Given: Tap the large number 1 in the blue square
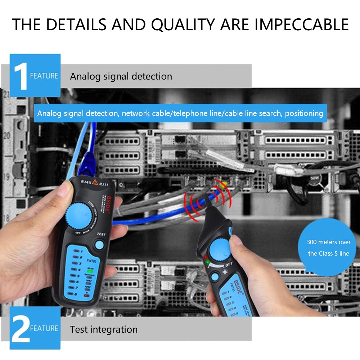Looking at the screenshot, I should coord(21,76).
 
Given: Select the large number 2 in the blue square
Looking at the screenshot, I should coord(21,328).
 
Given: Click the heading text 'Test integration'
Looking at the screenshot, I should coord(104,329).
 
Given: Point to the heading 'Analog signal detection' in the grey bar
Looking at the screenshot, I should coord(121,76).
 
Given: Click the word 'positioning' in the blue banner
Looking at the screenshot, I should coord(304,113).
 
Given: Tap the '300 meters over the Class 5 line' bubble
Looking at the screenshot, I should coord(328,248).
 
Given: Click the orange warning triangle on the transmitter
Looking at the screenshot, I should coord(95,182).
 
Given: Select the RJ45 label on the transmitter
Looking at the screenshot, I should coord(86,182).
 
